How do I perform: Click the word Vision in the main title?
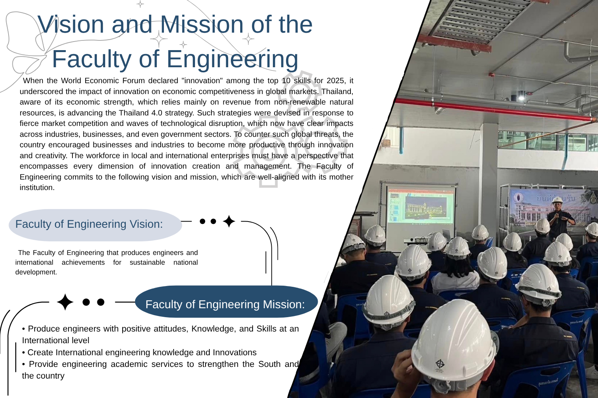pyautogui.click(x=71, y=24)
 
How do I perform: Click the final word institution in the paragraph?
pyautogui.click(x=37, y=187)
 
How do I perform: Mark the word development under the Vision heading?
pyautogui.click(x=36, y=272)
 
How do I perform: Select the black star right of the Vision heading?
pyautogui.click(x=229, y=221)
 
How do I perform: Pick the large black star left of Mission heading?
pyautogui.click(x=65, y=302)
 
